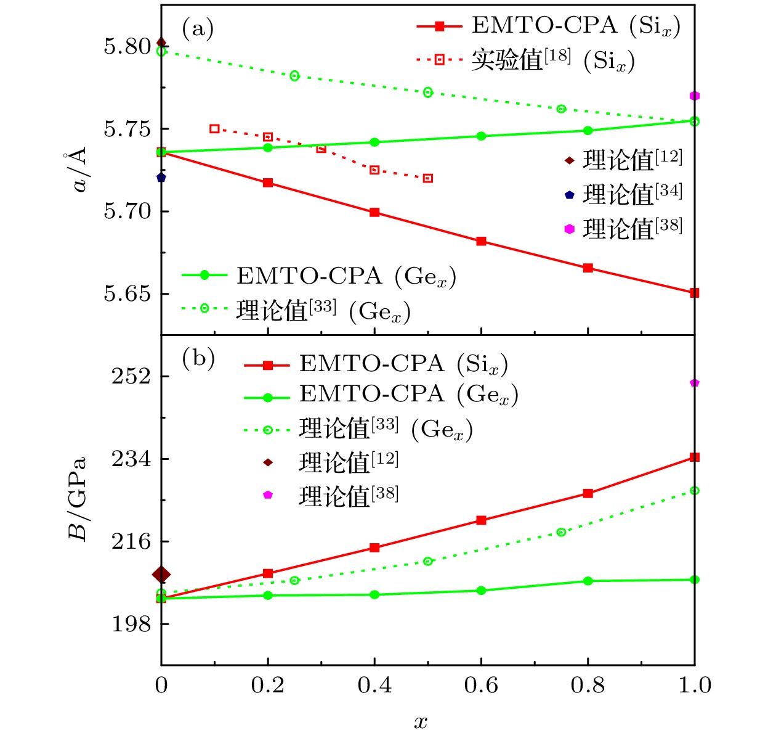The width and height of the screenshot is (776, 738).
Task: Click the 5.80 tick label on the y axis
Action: [x=127, y=47]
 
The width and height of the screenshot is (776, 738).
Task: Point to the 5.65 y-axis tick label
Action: [x=127, y=294]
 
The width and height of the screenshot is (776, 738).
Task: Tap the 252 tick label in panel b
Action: [x=131, y=376]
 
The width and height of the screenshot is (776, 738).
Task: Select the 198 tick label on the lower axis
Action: [x=131, y=624]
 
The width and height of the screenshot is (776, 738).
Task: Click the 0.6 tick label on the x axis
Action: [x=481, y=686]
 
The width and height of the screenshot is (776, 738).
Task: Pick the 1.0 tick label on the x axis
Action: [x=695, y=686]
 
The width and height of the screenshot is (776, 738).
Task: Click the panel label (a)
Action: [x=198, y=28]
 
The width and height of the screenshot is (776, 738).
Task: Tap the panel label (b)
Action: [x=198, y=358]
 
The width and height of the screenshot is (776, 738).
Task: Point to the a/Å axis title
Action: [x=76, y=170]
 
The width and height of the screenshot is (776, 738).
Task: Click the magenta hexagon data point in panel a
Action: [x=695, y=96]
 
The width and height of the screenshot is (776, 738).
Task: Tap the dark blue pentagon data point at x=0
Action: [x=161, y=178]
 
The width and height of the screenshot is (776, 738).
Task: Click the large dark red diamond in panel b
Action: [x=161, y=575]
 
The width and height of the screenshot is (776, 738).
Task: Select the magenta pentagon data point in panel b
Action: [x=695, y=383]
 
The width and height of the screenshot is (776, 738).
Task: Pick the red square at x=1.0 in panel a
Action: [x=695, y=293]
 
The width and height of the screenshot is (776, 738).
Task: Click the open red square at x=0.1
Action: [x=214, y=129]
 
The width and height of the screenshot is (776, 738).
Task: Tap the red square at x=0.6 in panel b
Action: [x=481, y=520]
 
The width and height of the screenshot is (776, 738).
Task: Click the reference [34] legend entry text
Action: [x=632, y=194]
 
